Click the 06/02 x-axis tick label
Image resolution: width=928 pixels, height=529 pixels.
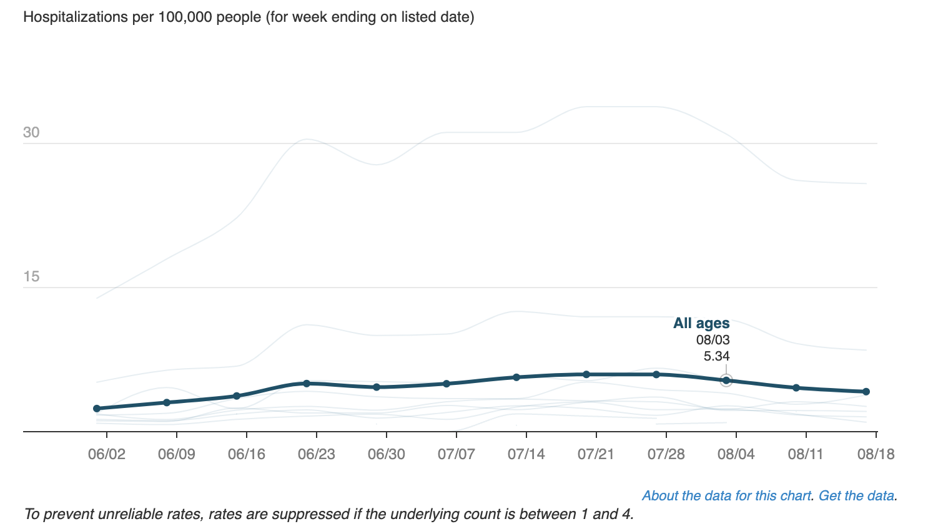(106, 454)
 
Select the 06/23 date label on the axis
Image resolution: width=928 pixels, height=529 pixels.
(316, 454)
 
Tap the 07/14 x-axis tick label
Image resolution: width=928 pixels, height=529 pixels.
(526, 454)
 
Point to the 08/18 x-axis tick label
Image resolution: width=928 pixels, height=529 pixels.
(876, 454)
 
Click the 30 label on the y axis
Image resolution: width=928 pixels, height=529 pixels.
(31, 132)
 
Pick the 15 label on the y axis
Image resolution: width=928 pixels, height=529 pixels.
(31, 276)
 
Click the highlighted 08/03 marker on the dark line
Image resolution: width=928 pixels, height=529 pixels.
(726, 380)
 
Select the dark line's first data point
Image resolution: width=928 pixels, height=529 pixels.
(97, 409)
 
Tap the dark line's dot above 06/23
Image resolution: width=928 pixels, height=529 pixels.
(307, 383)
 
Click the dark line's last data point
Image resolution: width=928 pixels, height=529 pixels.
(866, 392)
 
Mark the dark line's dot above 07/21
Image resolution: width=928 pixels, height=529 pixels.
(586, 374)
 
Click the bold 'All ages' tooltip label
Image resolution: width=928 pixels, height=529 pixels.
(701, 323)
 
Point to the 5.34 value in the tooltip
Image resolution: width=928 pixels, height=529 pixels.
(716, 356)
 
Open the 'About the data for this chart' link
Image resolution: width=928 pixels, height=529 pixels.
(727, 496)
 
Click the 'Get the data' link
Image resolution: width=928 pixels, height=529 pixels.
(856, 496)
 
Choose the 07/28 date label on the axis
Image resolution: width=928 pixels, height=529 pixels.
(666, 454)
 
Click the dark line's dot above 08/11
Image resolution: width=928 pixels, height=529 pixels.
(796, 388)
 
